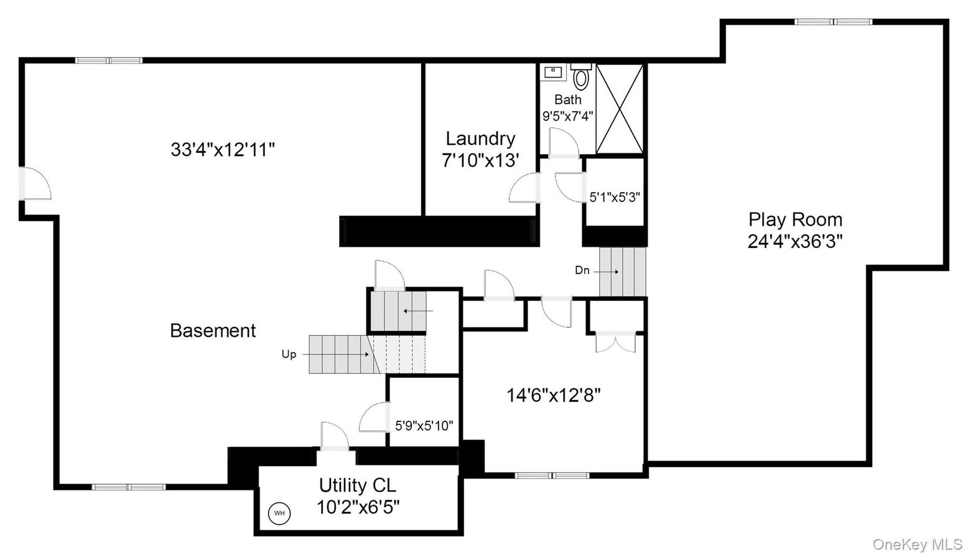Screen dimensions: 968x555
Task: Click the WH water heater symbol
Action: point(279,513)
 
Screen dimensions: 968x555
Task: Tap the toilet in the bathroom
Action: point(580,77)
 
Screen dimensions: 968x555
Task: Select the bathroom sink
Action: point(552,72)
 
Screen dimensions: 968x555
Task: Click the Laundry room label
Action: point(480,139)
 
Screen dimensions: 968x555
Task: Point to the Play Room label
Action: point(795,219)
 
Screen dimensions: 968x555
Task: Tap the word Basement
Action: point(213,331)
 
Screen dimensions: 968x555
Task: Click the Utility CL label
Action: point(357,485)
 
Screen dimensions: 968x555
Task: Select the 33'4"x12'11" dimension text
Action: point(223,150)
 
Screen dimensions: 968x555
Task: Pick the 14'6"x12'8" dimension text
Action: point(554,395)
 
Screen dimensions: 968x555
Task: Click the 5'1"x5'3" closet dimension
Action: point(615,197)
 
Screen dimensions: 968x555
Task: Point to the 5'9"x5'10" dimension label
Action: point(424,426)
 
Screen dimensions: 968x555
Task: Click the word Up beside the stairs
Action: point(289,354)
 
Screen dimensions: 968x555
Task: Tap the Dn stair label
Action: point(582,270)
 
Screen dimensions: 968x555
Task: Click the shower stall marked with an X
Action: point(619,108)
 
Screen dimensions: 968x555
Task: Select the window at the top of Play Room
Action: point(833,22)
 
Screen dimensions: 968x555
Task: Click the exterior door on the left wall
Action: point(35,183)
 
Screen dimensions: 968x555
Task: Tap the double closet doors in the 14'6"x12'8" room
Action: point(615,342)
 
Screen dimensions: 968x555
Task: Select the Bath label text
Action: point(567,99)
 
